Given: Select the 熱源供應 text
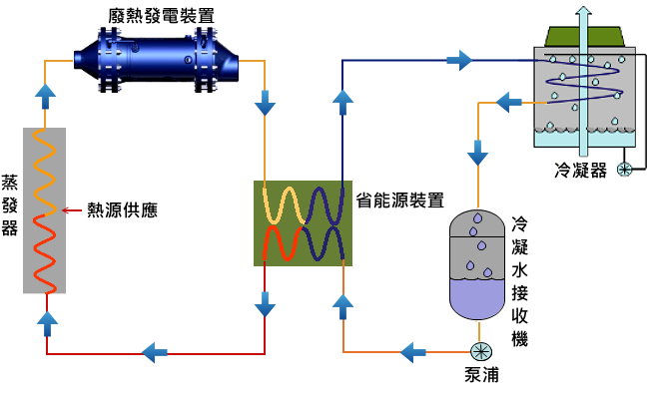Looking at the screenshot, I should [x=122, y=210].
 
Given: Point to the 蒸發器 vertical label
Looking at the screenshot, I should [x=10, y=210].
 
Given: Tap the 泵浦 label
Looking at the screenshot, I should [x=481, y=375].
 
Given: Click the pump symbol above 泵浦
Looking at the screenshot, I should [x=480, y=351].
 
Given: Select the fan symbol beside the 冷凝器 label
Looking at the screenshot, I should [x=625, y=169].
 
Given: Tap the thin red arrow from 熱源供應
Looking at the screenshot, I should [x=73, y=210].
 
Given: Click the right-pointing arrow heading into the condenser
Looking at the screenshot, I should [x=459, y=61].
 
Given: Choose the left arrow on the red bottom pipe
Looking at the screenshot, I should [x=155, y=351].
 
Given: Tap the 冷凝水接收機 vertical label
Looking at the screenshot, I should [x=519, y=279].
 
